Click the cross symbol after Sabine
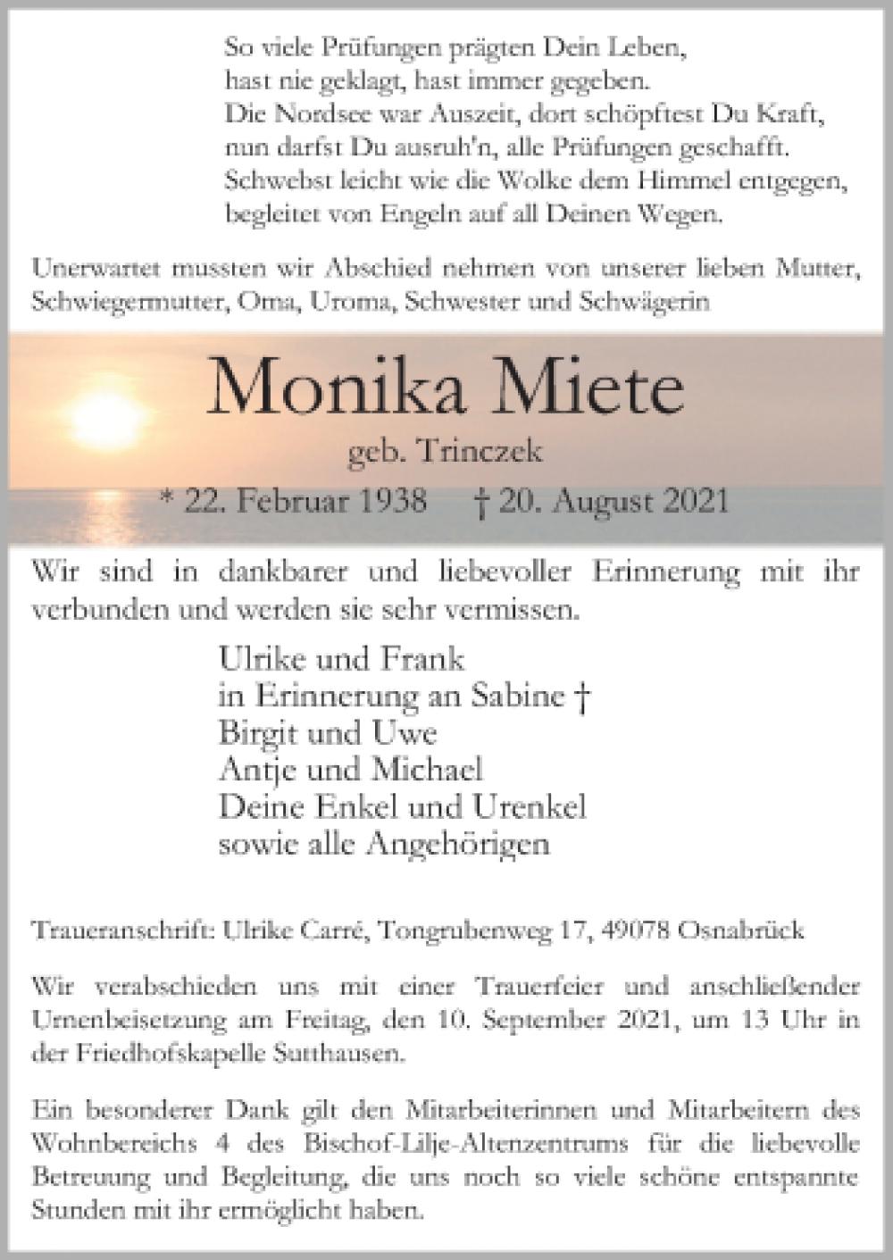[x=582, y=697]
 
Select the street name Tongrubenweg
[x=473, y=930]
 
